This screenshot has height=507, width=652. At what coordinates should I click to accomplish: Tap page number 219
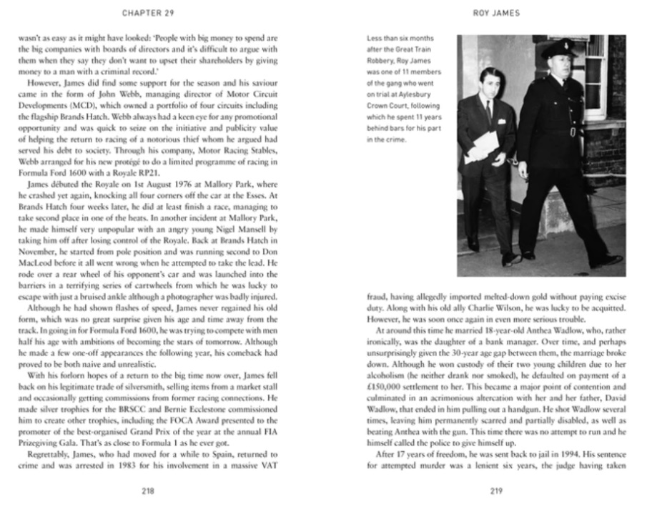pos(497,490)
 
